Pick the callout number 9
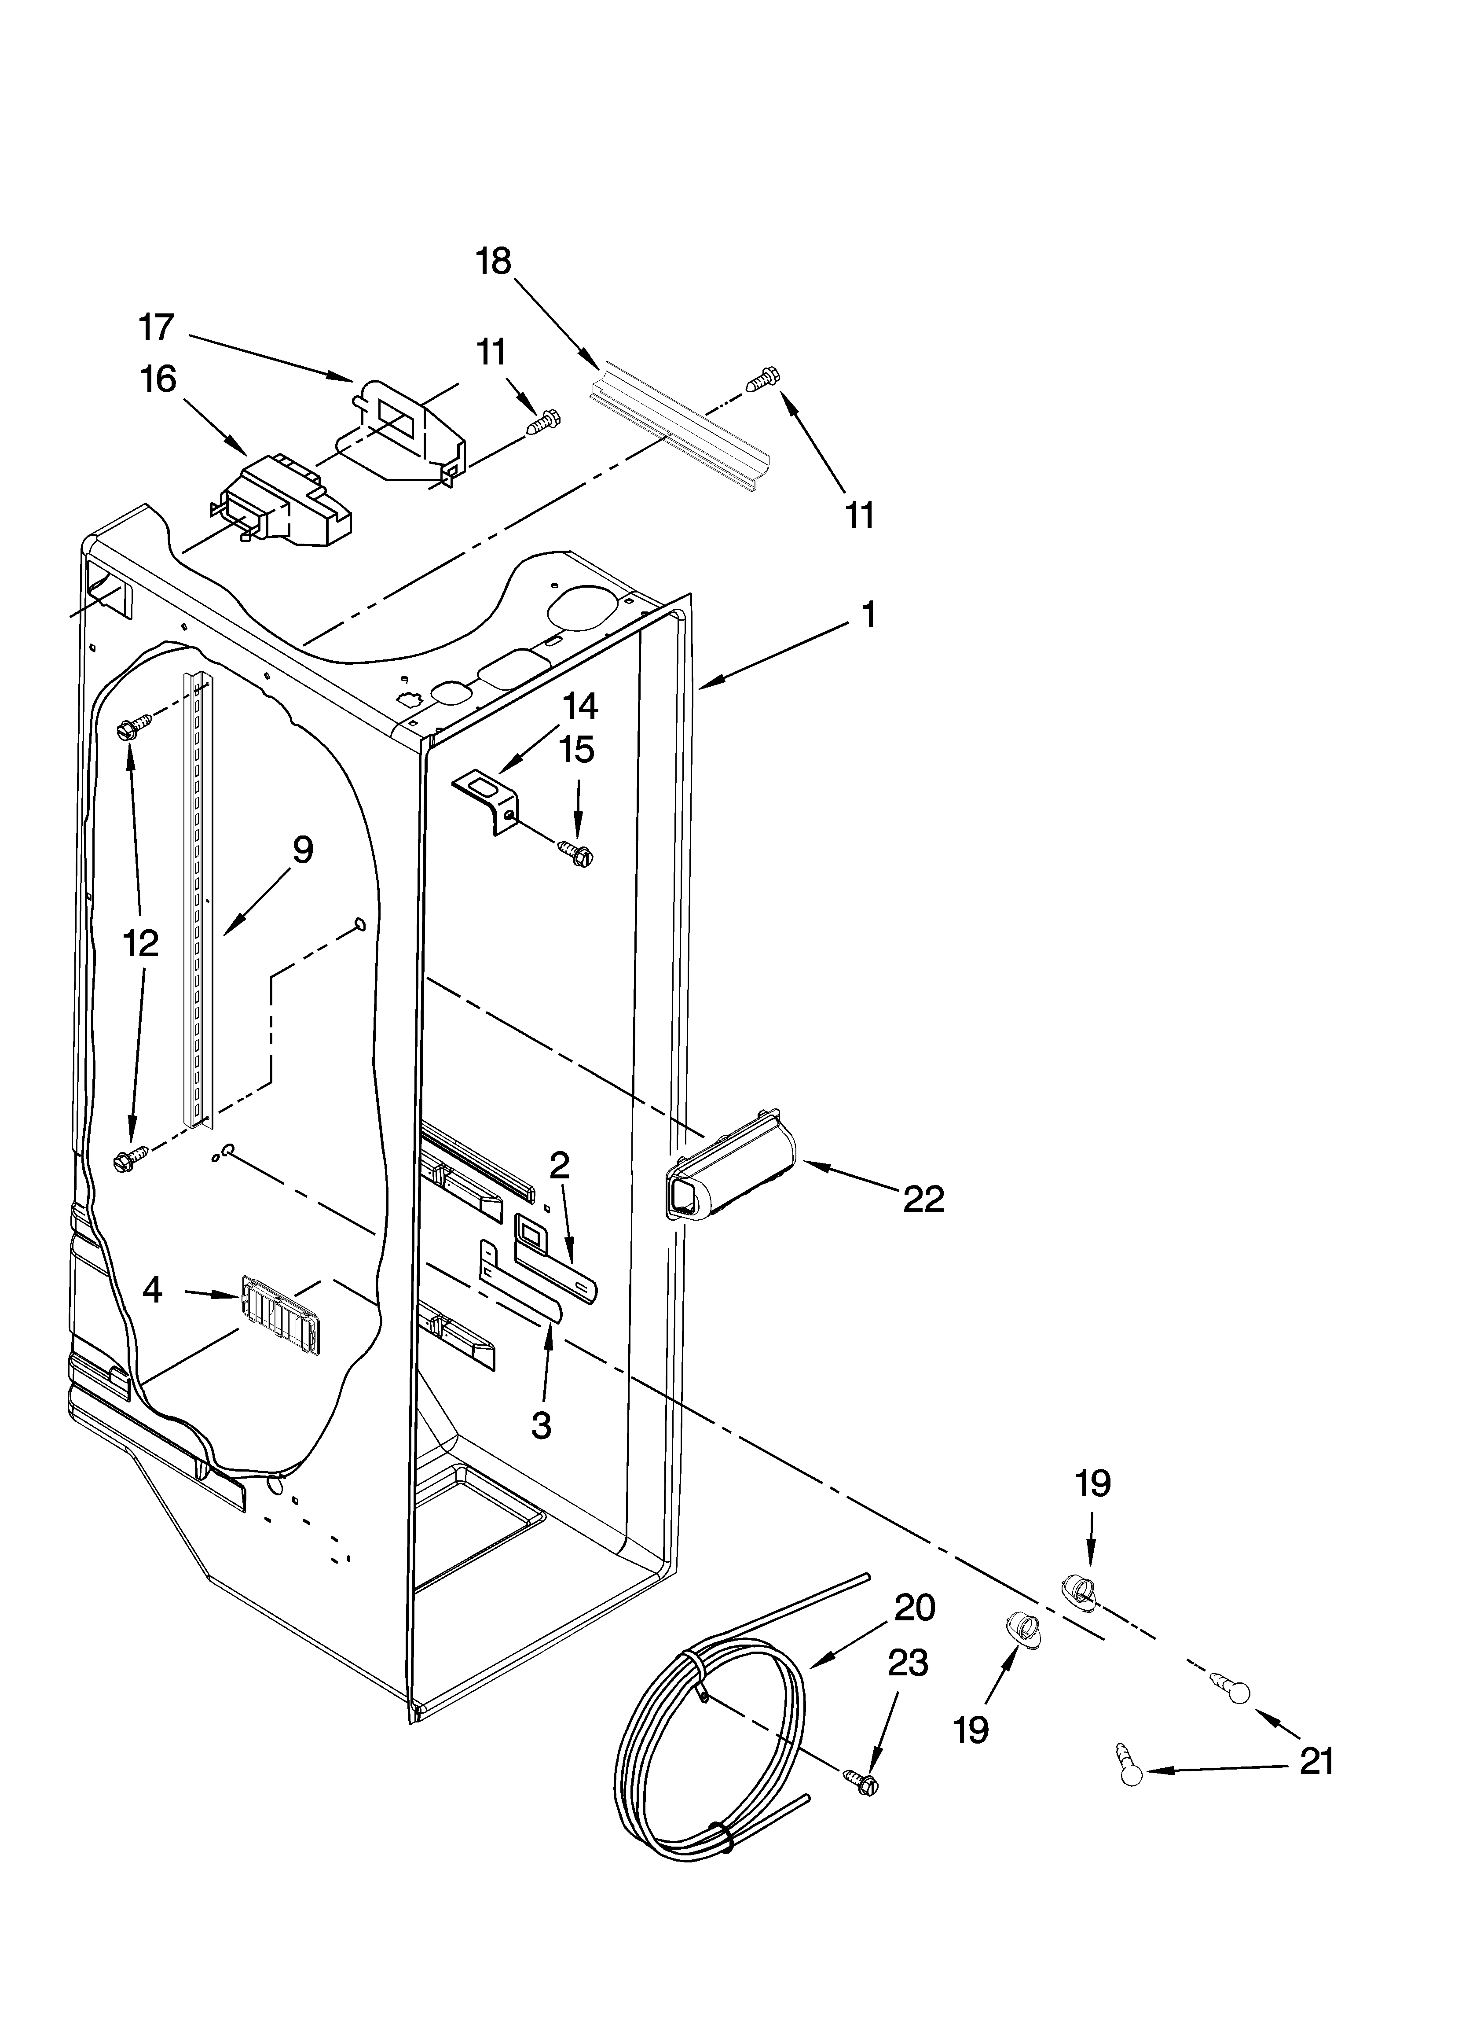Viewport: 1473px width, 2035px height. click(x=302, y=850)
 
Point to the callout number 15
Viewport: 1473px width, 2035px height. click(x=577, y=749)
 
